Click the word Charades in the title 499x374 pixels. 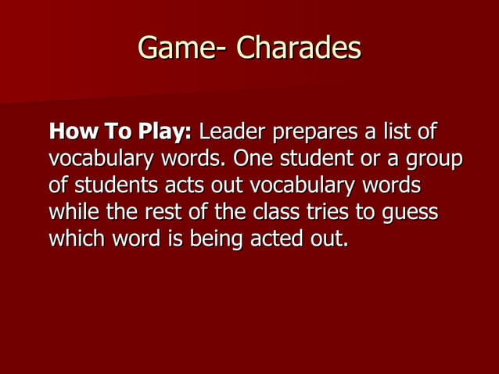pyautogui.click(x=299, y=49)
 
